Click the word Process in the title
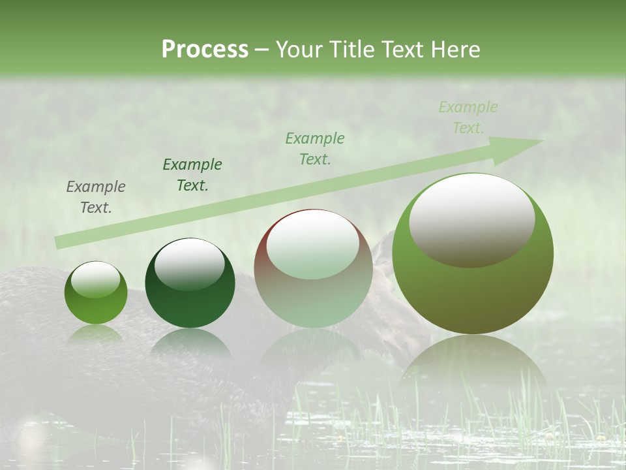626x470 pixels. (205, 50)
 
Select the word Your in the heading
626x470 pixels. (299, 50)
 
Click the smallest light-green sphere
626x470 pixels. (96, 293)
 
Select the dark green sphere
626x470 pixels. (190, 283)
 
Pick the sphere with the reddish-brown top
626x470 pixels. (313, 268)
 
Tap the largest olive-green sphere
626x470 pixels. (473, 253)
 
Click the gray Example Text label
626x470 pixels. (96, 197)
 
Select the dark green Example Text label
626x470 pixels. (192, 175)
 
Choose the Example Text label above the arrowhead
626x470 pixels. (468, 117)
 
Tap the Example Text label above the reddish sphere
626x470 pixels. (315, 148)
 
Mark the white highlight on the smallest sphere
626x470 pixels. (95, 280)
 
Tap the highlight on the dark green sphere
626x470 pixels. (190, 263)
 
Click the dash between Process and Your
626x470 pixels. (261, 50)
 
